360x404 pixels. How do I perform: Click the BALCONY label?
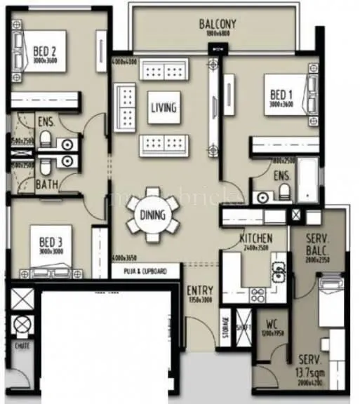pyautogui.click(x=217, y=25)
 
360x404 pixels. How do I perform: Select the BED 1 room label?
pyautogui.click(x=281, y=94)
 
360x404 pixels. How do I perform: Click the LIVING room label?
pyautogui.click(x=163, y=108)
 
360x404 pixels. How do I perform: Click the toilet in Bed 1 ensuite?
pyautogui.click(x=282, y=191)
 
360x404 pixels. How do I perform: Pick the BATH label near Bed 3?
pyautogui.click(x=47, y=185)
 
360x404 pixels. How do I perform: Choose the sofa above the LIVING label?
pyautogui.click(x=163, y=71)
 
